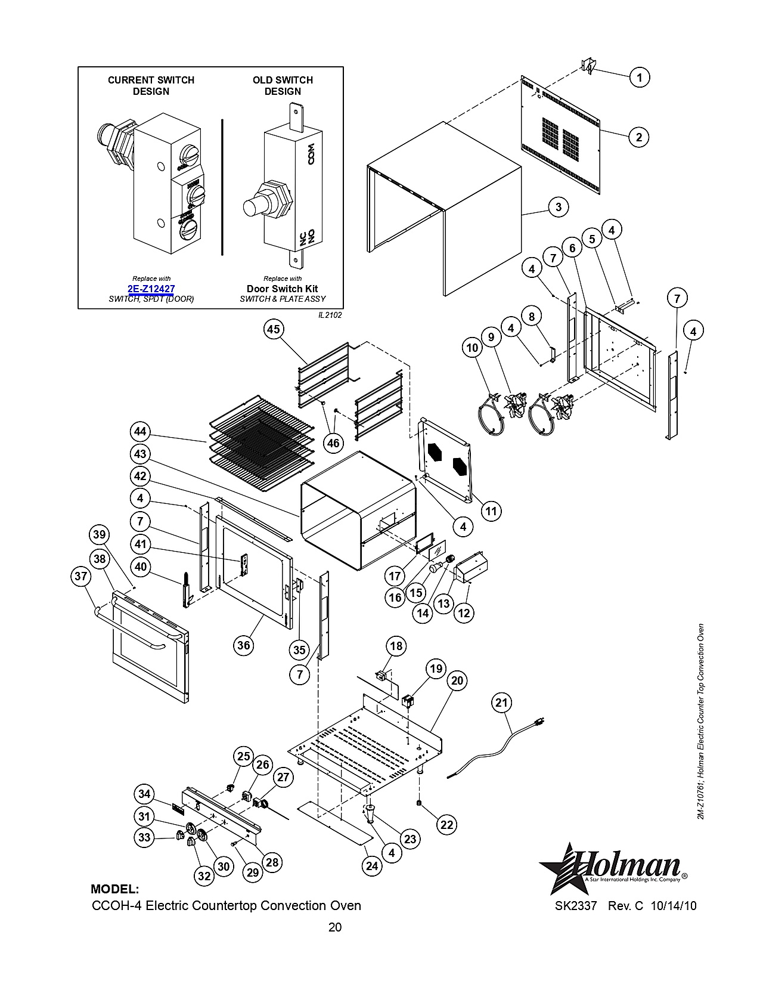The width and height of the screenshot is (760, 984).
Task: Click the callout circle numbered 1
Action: [639, 78]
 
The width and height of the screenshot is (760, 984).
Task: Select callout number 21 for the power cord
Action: [501, 703]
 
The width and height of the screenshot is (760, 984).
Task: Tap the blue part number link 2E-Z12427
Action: [151, 289]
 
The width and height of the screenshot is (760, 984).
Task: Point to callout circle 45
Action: [274, 329]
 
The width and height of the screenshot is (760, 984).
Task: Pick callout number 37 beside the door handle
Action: [80, 576]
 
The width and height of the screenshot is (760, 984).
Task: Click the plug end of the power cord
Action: [539, 720]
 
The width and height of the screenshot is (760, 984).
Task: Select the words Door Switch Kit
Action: [283, 289]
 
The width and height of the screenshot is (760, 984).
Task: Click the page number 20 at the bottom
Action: [335, 927]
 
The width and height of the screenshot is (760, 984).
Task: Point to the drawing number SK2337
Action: [576, 906]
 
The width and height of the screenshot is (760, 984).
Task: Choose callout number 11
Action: [491, 511]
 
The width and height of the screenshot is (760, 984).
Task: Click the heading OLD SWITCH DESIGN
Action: [283, 86]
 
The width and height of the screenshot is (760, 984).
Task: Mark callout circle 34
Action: [144, 793]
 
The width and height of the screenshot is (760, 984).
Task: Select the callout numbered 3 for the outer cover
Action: [559, 207]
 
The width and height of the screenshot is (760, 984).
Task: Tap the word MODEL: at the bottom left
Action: [115, 889]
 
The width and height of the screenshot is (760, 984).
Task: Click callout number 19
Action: [436, 669]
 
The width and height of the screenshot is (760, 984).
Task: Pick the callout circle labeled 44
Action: [140, 431]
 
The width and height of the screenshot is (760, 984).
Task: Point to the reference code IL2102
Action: [330, 315]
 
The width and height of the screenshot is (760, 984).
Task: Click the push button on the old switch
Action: [253, 206]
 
